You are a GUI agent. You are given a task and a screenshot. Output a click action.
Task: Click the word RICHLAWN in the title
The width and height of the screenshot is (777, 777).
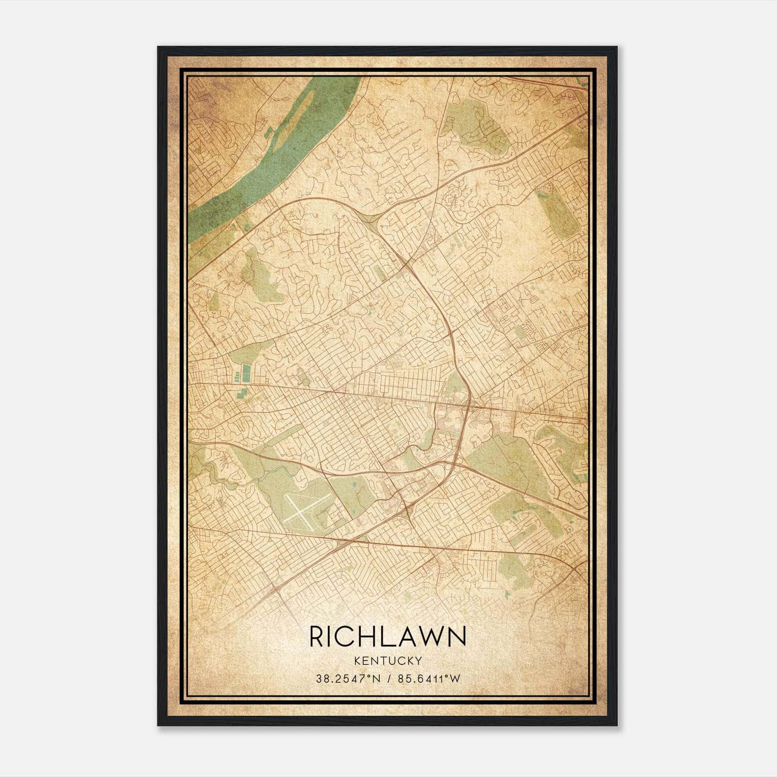click(x=388, y=636)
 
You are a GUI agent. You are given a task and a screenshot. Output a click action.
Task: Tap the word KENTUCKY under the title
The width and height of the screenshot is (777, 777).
click(x=388, y=660)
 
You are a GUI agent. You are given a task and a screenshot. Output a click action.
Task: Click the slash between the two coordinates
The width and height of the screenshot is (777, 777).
click(x=388, y=678)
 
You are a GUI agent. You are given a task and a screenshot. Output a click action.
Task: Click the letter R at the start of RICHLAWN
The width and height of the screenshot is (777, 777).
click(x=316, y=636)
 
